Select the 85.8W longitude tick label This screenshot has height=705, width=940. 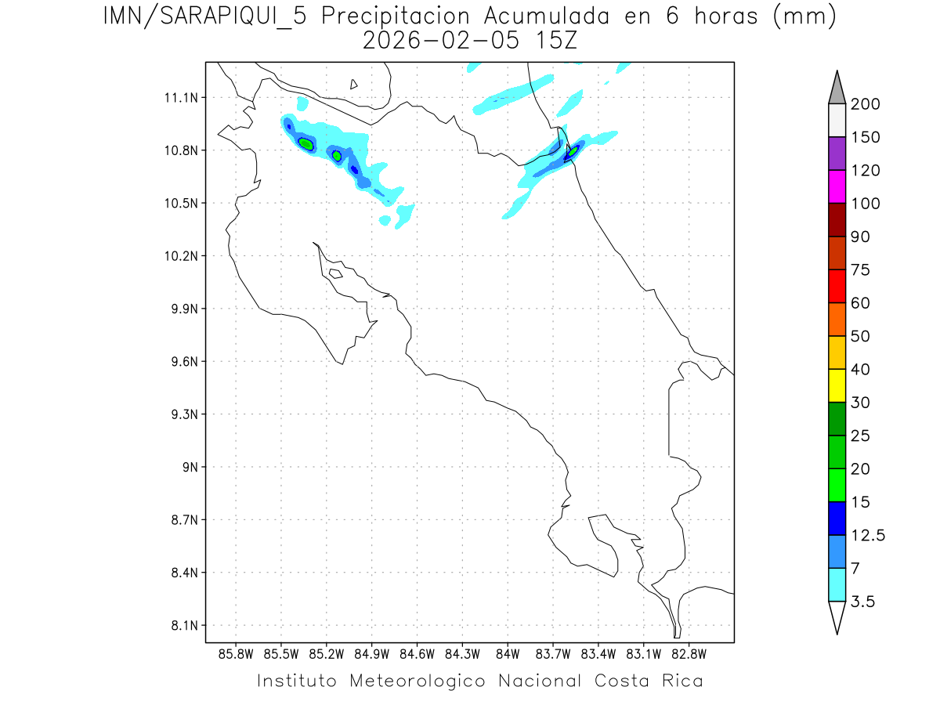237,654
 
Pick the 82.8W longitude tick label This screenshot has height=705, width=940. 689,654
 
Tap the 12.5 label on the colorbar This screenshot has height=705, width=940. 868,535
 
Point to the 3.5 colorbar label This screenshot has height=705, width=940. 864,602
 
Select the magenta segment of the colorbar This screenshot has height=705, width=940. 837,186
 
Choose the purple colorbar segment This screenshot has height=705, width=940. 837,154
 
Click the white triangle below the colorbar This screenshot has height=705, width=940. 837,616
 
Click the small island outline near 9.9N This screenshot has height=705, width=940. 335,273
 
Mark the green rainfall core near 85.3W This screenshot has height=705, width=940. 306,144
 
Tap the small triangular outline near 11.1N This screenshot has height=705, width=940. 354,84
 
